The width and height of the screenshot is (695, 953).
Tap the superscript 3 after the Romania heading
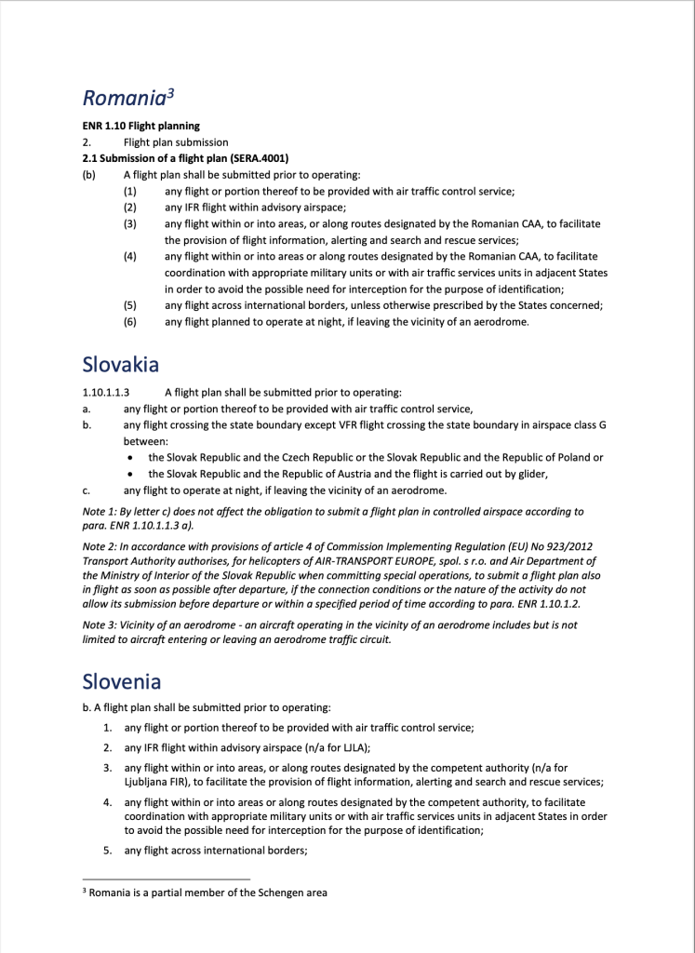point(171,91)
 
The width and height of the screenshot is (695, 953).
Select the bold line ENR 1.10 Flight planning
point(140,126)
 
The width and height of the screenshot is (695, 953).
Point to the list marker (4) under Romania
point(130,256)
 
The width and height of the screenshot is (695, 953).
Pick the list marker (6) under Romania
point(130,321)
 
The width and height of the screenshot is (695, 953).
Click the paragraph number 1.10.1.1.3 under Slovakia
point(105,393)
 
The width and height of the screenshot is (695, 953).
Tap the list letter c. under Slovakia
point(86,490)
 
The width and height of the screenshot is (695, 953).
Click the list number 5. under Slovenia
point(107,850)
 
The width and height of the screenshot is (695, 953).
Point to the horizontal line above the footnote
point(167,879)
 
